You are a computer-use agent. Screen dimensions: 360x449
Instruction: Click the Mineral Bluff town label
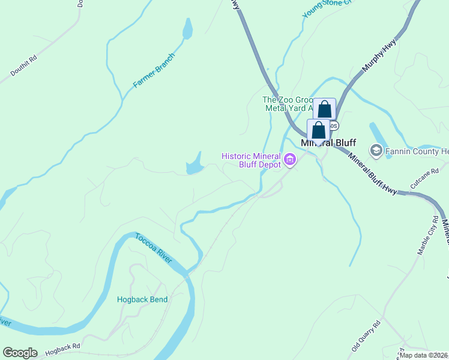point(328,143)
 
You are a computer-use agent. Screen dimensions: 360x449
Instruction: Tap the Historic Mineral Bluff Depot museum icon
point(291,160)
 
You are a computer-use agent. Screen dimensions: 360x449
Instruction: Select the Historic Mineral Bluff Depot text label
point(251,160)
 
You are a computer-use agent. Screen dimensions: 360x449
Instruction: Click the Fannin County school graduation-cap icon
point(377,150)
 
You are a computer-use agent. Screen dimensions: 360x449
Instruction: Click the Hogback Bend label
point(142,299)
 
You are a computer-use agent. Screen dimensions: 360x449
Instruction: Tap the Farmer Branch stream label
point(154,71)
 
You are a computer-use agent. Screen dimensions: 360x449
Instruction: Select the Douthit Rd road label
point(24,67)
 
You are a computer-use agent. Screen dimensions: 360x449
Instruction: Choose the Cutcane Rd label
point(421,179)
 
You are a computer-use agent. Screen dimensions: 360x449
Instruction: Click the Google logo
point(20,353)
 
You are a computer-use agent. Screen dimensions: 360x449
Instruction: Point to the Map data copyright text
point(423,355)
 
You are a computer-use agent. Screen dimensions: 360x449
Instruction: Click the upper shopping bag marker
point(324,109)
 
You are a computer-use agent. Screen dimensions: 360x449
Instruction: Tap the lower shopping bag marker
point(318,130)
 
